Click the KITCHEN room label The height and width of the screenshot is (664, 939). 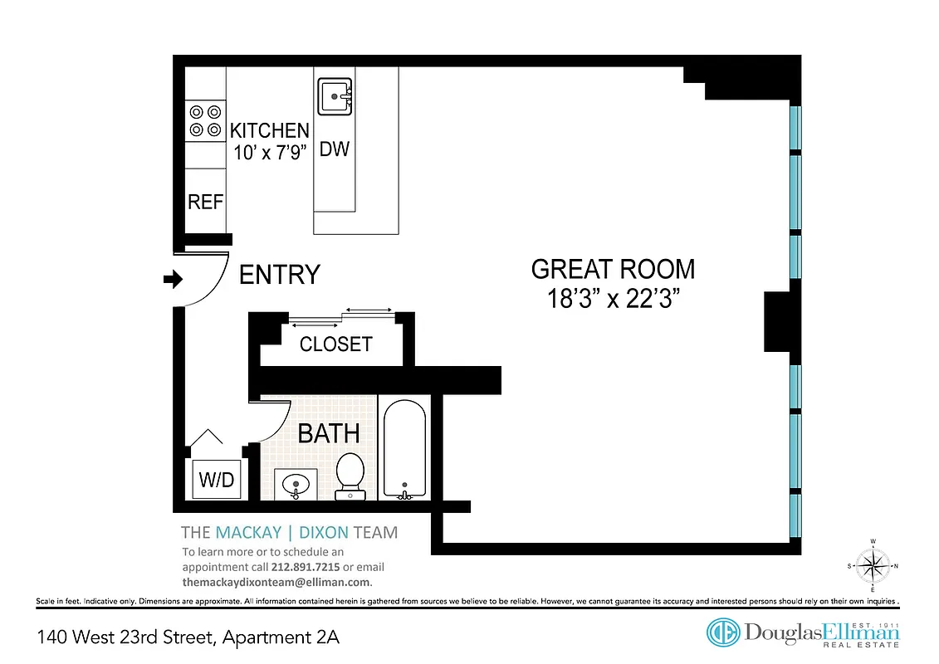tap(269, 131)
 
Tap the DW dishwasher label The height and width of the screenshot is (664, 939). tap(335, 150)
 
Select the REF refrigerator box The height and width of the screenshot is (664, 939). tap(205, 201)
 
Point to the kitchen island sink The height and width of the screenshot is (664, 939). tap(335, 97)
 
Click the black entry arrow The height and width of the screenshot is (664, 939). tap(173, 281)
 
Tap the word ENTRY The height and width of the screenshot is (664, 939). tap(279, 275)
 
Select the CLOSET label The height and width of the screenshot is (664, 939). tap(335, 344)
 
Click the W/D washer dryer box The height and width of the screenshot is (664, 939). tap(217, 479)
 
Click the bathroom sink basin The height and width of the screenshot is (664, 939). tap(294, 484)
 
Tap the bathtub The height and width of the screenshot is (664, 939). tap(403, 448)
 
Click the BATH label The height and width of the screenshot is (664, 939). tap(329, 433)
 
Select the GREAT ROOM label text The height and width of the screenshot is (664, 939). tap(613, 270)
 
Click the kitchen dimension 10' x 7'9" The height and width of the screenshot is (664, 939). tap(269, 153)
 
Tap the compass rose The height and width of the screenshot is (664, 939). tap(872, 566)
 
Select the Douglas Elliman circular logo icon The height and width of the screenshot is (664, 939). tap(722, 632)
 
